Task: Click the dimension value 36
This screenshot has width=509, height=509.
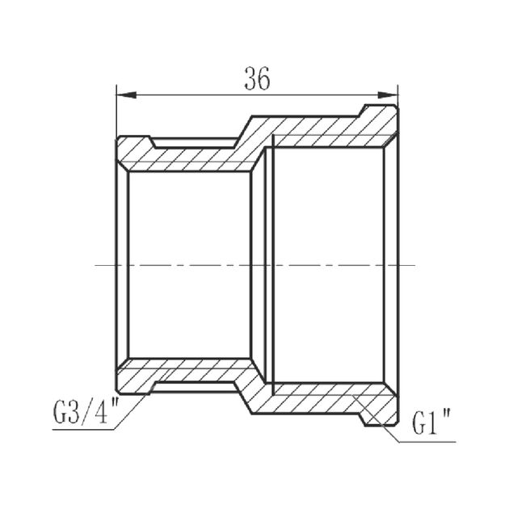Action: [256, 78]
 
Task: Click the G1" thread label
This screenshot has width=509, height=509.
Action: [433, 422]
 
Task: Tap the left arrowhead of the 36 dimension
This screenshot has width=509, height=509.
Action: [123, 95]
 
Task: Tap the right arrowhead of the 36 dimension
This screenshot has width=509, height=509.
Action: [393, 95]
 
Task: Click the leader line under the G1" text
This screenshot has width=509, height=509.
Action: [428, 442]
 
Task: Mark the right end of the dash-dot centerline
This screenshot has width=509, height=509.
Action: [414, 265]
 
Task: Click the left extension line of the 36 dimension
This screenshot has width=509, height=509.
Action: [116, 113]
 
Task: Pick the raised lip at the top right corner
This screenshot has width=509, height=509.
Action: [380, 111]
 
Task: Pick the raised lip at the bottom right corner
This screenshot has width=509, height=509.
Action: [380, 419]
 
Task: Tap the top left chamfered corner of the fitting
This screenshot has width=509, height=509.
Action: [121, 139]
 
